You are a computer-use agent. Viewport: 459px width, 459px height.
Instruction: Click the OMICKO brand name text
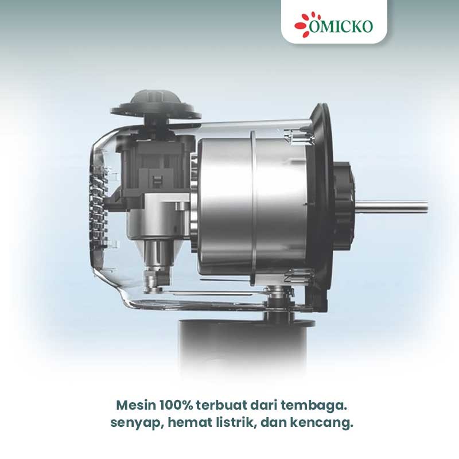click(341, 26)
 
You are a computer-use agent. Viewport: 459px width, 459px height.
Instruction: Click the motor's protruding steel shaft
click(391, 206)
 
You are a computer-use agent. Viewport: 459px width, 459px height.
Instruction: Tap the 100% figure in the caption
click(176, 406)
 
